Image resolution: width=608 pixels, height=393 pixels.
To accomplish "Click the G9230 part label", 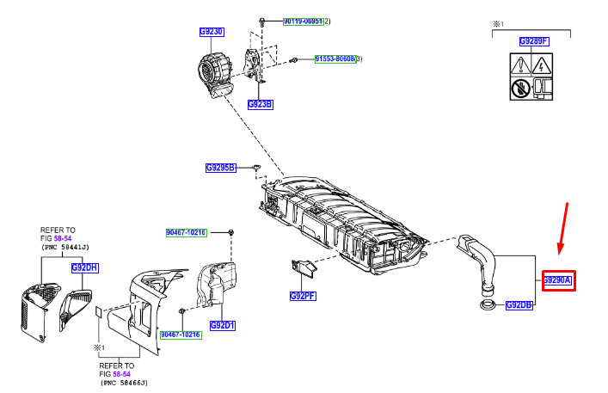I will (212, 32).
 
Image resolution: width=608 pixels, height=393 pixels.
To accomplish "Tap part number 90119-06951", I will (303, 21).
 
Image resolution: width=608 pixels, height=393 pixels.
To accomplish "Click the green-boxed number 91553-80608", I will (336, 58).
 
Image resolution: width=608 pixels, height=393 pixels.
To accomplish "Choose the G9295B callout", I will (221, 168).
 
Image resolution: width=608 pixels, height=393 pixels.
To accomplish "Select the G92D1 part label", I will (223, 326).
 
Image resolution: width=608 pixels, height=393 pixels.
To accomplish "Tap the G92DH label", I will (85, 267).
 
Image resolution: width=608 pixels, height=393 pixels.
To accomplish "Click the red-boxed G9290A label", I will (556, 280).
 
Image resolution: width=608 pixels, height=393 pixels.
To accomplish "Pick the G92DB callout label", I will (519, 305).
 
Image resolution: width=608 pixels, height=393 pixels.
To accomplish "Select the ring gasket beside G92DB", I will (486, 306).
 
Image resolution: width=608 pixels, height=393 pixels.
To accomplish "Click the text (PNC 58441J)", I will (70, 247).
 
